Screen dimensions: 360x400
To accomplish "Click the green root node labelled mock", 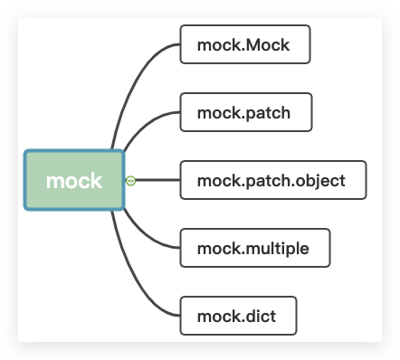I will point(74,181).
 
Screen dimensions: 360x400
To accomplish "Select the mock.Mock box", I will point(245,45).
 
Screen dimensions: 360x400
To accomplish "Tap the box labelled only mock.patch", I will point(246,113).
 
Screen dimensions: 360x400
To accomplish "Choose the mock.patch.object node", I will point(272,180).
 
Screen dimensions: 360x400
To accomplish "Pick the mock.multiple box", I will point(255,248).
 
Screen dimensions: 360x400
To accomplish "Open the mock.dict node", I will point(238,316).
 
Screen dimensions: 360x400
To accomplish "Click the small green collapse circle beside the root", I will point(131,181).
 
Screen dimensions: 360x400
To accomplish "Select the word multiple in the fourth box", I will point(276,248).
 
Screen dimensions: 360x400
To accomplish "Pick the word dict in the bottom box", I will point(259,316).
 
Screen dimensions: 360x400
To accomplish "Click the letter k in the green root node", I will point(96,181).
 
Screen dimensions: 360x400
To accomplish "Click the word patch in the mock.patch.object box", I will point(267,181).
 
